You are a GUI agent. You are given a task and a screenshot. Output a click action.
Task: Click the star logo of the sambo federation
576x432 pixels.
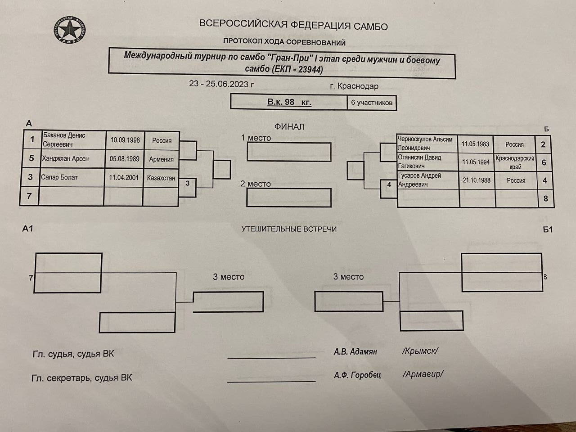point(70,29)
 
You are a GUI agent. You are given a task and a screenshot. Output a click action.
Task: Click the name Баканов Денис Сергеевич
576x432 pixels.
point(64,140)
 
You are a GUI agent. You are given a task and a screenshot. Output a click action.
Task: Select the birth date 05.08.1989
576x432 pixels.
point(124,159)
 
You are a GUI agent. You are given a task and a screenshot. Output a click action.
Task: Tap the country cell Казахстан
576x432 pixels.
point(161,178)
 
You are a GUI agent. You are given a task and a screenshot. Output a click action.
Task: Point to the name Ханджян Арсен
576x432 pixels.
point(65,158)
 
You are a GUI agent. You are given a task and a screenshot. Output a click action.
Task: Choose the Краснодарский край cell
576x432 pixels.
point(515,162)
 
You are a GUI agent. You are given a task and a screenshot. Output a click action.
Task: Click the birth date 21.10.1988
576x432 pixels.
point(477,180)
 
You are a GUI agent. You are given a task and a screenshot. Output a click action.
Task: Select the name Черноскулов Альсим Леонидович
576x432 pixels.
point(425,144)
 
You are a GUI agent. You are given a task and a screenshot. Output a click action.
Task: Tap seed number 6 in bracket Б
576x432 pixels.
point(544,162)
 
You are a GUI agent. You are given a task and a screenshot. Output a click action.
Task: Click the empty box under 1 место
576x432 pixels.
point(289,152)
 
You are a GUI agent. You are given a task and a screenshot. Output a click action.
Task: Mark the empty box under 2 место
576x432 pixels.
point(289,198)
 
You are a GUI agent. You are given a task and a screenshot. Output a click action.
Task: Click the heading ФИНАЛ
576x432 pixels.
point(289,127)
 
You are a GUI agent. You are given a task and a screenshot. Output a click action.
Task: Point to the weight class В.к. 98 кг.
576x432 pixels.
point(289,102)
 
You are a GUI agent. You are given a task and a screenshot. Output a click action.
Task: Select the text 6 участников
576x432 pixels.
point(372,103)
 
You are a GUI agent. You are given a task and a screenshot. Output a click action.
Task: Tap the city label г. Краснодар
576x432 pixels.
point(354,86)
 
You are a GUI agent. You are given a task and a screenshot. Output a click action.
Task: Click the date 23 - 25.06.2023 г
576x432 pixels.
point(222,84)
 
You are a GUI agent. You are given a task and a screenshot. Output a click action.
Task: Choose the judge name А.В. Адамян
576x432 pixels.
point(355,351)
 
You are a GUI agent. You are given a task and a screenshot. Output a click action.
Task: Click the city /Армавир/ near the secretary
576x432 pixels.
point(423,374)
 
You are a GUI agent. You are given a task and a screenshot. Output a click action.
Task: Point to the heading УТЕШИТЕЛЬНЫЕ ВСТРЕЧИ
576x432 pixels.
point(289,229)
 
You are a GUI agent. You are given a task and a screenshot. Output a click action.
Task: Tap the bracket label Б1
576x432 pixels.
point(548,230)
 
